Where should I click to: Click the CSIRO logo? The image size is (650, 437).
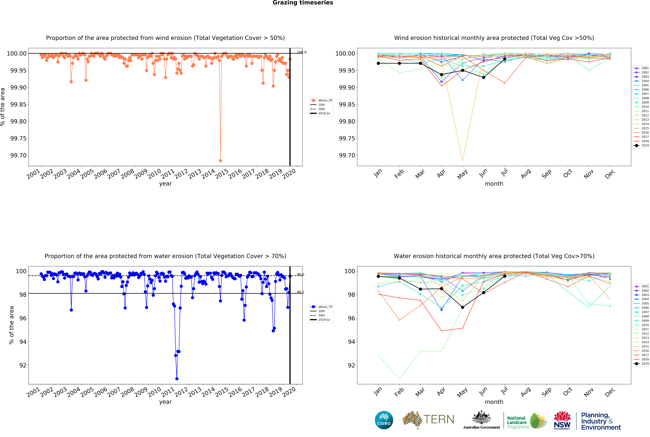[x=384, y=420]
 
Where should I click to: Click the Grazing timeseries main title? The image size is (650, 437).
[x=303, y=3]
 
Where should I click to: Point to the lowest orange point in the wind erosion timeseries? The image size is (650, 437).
[x=220, y=161]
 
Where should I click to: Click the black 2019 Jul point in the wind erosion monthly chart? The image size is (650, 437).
[x=505, y=59]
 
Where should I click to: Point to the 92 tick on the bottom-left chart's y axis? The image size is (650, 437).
[x=23, y=365]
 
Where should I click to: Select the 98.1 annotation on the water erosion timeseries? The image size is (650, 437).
[x=300, y=292]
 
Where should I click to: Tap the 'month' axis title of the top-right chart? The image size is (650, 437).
[x=494, y=184]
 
